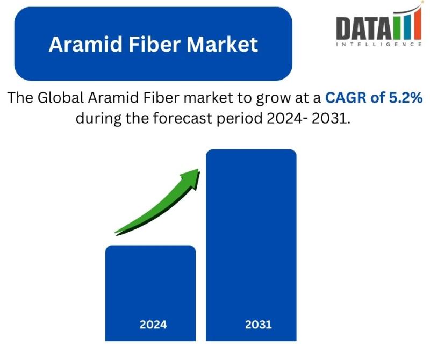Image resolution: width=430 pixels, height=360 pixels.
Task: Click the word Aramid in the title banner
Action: pos(85,44)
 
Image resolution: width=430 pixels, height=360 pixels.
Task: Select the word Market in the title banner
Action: pos(223,44)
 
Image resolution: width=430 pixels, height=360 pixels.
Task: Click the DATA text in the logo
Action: pos(364,28)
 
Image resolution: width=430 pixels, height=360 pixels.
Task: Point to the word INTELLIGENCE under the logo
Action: pos(379,45)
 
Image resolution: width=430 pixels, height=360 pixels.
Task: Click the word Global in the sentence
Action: pos(61,98)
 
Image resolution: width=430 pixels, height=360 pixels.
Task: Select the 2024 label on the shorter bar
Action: pos(153,325)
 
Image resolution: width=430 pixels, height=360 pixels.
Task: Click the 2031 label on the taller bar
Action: pos(259,325)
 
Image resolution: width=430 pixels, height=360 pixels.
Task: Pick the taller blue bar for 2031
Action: pos(251,245)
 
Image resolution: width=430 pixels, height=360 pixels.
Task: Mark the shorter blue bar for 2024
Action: pos(150,293)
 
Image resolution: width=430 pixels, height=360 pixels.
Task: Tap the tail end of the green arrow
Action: pos(116,233)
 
